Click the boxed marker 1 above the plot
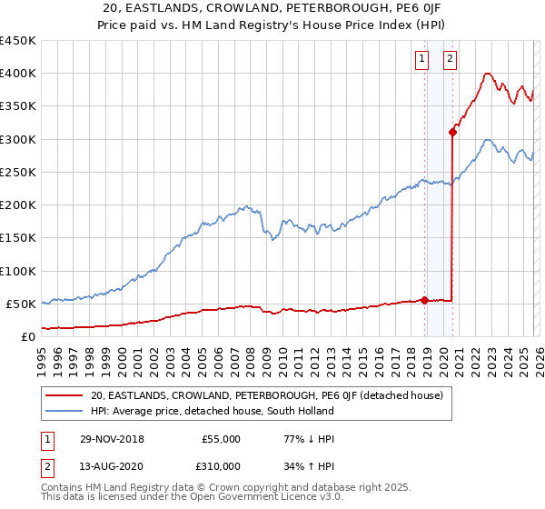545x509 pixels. pyautogui.click(x=423, y=60)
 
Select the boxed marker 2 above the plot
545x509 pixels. pyautogui.click(x=451, y=60)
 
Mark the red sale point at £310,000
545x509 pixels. pyautogui.click(x=451, y=133)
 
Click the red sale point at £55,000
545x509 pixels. pyautogui.click(x=424, y=300)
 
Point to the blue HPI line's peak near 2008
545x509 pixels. pyautogui.click(x=247, y=206)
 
